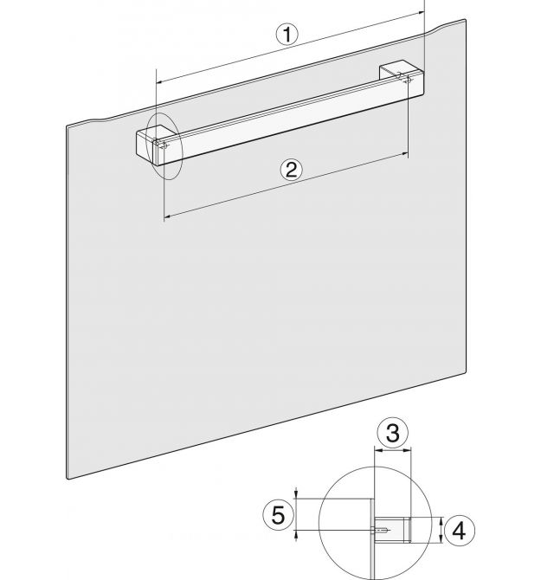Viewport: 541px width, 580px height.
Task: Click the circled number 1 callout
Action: point(287,35)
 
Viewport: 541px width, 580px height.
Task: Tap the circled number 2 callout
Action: point(291,171)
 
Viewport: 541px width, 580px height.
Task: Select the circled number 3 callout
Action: point(393,433)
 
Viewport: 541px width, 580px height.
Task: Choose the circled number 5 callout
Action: point(278,515)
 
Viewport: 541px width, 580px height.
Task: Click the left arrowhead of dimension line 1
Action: point(160,82)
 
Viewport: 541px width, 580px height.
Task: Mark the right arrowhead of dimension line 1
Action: point(421,13)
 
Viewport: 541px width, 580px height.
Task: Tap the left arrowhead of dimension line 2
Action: point(167,216)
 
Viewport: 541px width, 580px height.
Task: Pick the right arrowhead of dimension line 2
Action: point(404,153)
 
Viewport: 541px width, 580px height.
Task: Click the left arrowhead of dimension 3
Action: point(378,450)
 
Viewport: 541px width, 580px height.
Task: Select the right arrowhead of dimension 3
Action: point(408,450)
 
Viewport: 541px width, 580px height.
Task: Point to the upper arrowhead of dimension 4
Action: point(441,521)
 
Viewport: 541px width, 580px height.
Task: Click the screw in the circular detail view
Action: point(380,530)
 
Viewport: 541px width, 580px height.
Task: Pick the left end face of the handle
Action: point(145,147)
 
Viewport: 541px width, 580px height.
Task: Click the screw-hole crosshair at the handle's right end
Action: point(408,79)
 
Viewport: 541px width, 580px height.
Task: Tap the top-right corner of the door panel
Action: point(465,20)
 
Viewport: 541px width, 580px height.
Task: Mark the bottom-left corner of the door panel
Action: point(68,478)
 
